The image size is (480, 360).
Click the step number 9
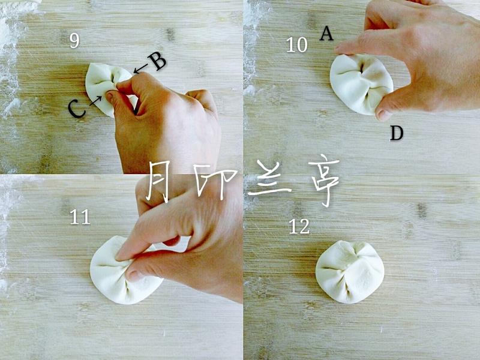[x=74, y=40]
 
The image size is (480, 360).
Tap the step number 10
[x=296, y=44]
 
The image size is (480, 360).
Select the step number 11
[x=80, y=217]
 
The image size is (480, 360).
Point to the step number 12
[x=299, y=227]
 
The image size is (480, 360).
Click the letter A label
[x=326, y=34]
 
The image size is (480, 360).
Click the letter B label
[x=157, y=61]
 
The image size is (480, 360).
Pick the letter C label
[x=76, y=109]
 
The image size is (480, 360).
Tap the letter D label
[x=397, y=133]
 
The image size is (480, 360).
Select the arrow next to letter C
[x=95, y=101]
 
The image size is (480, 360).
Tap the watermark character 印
[x=215, y=183]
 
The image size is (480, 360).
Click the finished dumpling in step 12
[x=350, y=272]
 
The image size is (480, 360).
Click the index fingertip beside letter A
[x=340, y=49]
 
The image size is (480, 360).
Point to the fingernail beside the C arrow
[x=109, y=97]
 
